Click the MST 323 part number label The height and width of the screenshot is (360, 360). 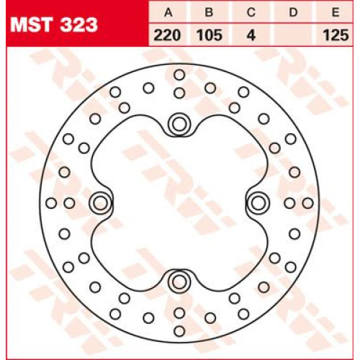coord(54,24)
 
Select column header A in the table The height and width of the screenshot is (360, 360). coord(168,12)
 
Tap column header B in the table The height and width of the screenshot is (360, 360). coord(209,12)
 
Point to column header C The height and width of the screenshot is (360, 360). coord(251,12)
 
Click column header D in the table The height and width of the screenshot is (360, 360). coord(293,12)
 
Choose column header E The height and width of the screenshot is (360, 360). coord(336,12)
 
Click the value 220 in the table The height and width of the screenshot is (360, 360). coord(167,35)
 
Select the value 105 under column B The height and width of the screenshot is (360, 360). coord(210,35)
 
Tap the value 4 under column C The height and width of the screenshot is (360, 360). coord(251,35)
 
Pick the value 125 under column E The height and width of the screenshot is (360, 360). coord(336,35)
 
